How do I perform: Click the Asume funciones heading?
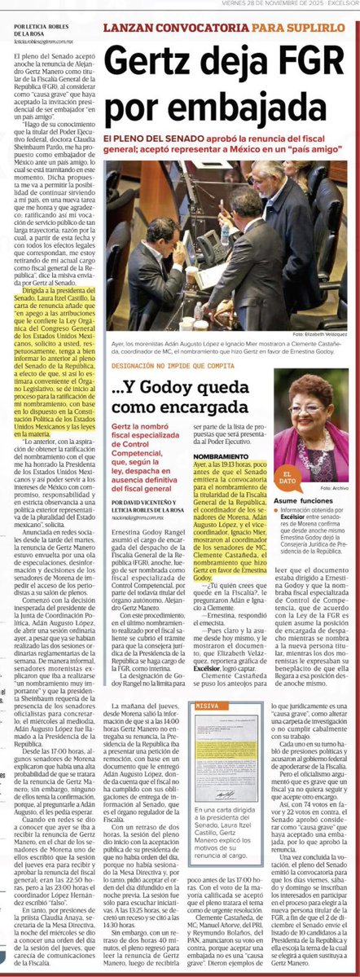(302, 501)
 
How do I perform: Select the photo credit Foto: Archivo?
(333, 487)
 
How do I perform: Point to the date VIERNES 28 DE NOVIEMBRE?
(256, 4)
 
